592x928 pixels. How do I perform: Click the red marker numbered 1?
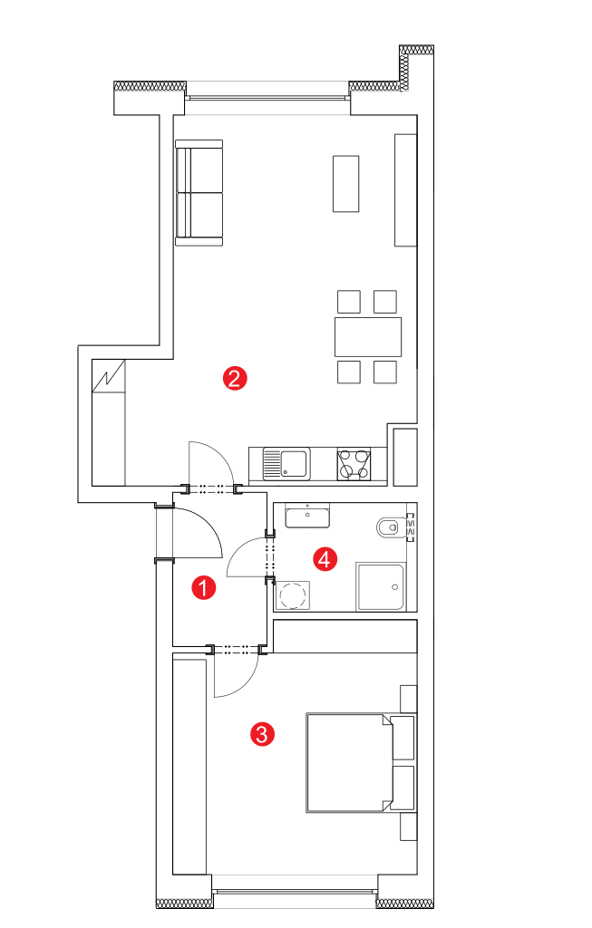point(204,587)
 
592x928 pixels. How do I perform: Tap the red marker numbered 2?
point(235,378)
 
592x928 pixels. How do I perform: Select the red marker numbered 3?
point(262,734)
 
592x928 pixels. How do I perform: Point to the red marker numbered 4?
point(325,558)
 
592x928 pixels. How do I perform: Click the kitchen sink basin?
point(295,463)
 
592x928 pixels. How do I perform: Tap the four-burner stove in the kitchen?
point(354,464)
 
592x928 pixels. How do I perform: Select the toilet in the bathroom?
point(392,527)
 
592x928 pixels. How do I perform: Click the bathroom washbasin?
point(307,516)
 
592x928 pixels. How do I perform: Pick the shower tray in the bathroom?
point(381,586)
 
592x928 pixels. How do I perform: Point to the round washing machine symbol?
point(293,594)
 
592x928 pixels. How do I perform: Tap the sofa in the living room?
point(199,193)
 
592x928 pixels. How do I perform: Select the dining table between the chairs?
point(368,337)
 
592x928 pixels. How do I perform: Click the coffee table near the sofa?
point(345,183)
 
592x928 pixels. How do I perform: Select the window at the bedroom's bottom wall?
point(295,891)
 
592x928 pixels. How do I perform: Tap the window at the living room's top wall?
point(267,97)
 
